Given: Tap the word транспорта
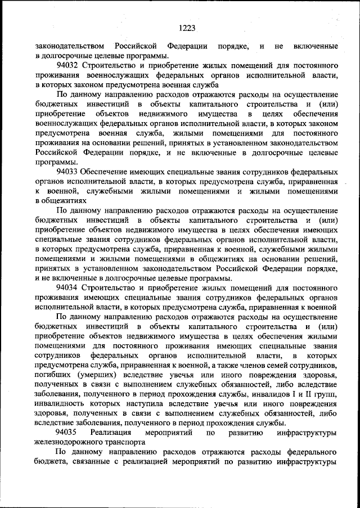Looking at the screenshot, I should tap(126, 442).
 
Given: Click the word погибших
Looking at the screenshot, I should tap(53, 374).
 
